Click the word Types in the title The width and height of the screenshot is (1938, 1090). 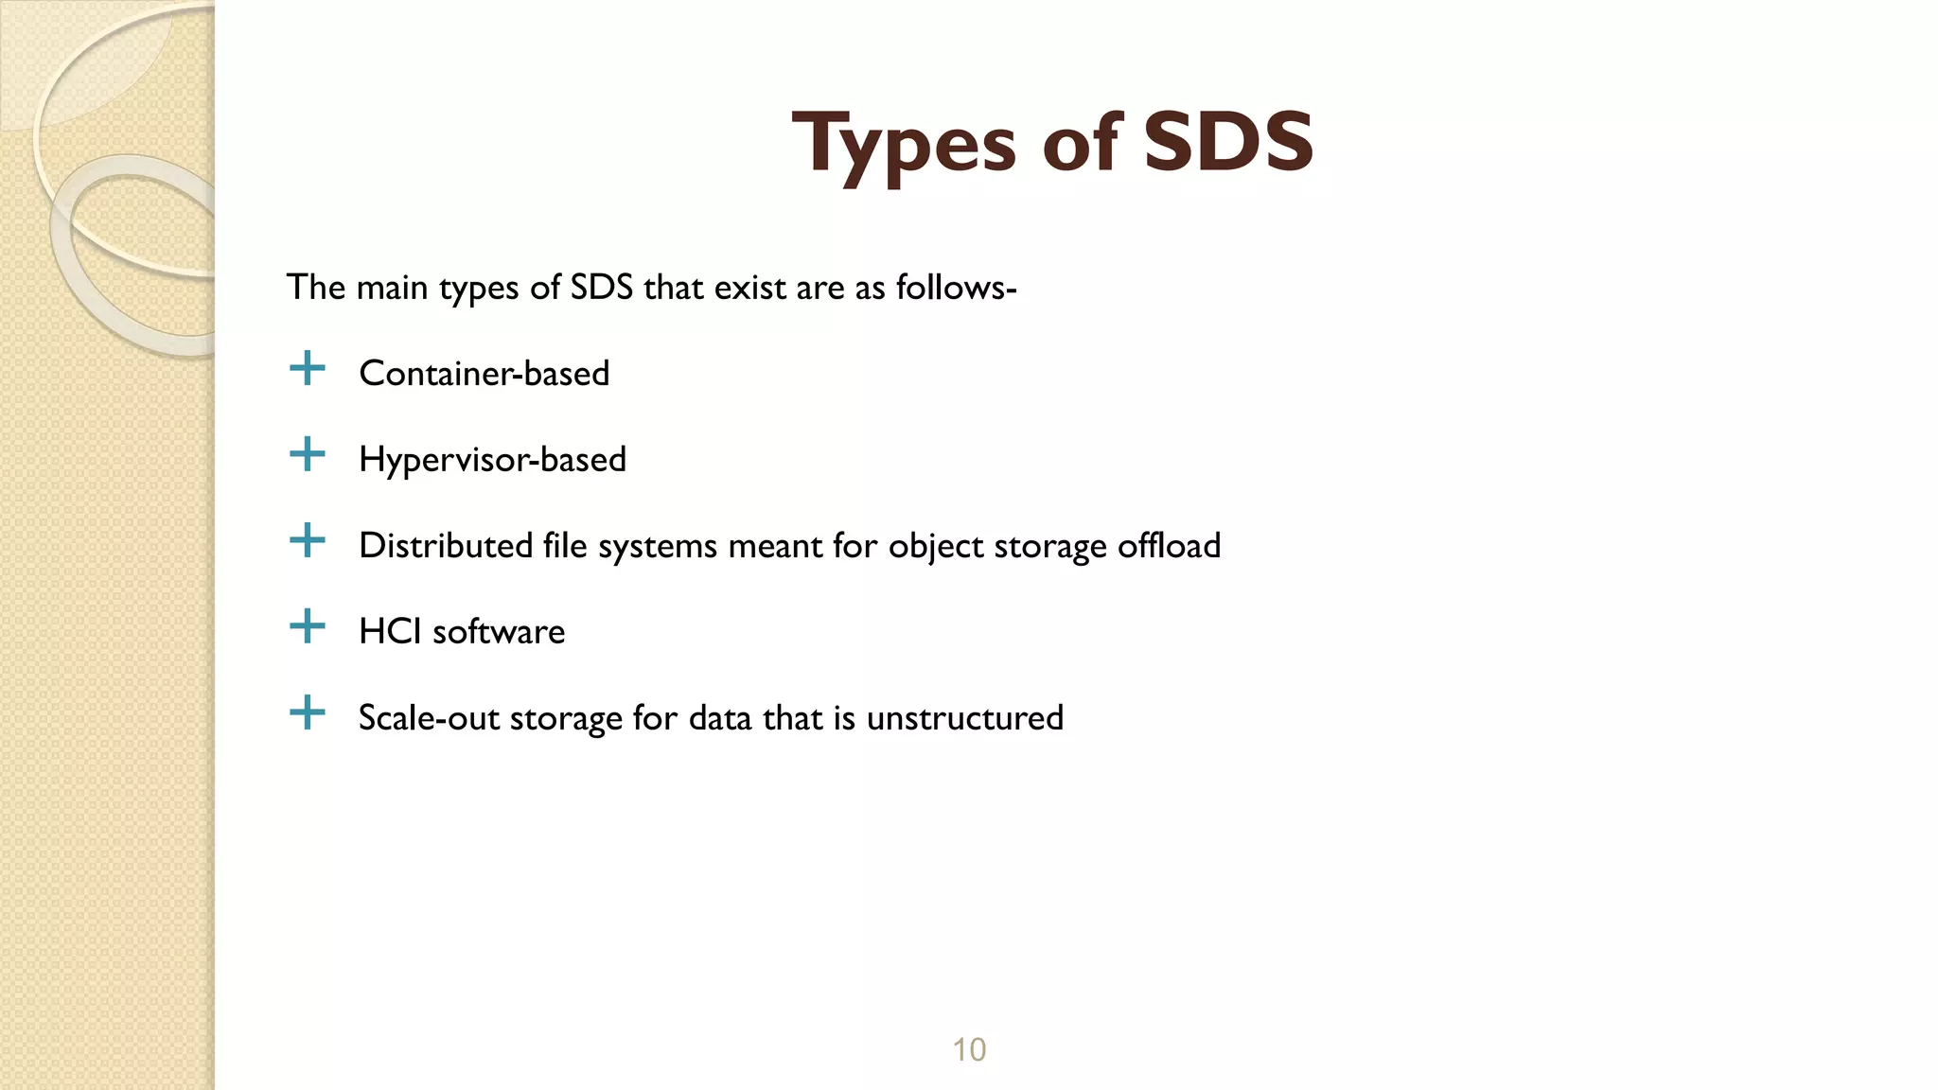pyautogui.click(x=904, y=144)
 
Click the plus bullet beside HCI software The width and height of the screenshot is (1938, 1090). pyautogui.click(x=307, y=626)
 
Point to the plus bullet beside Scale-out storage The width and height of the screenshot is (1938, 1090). pyautogui.click(x=307, y=712)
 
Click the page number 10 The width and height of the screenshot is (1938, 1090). pyautogui.click(x=969, y=1049)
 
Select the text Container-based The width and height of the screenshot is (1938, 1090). pyautogui.click(x=484, y=374)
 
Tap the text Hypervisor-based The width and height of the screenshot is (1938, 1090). pyautogui.click(x=492, y=460)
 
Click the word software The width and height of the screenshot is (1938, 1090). pyautogui.click(x=499, y=632)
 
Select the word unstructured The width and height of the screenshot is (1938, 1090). pyautogui.click(x=964, y=718)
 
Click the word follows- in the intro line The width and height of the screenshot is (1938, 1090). pyautogui.click(x=956, y=288)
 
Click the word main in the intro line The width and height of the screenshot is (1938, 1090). pyautogui.click(x=392, y=288)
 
